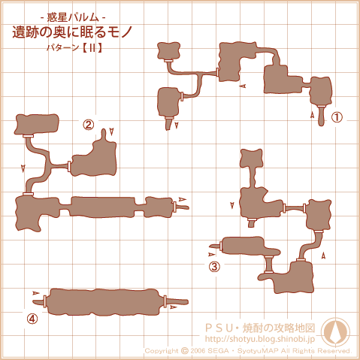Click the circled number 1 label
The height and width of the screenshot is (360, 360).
[x=337, y=117]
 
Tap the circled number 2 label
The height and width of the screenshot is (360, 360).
[x=89, y=125]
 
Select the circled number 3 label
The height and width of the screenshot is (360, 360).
[x=214, y=267]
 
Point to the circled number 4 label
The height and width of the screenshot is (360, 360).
[x=32, y=319]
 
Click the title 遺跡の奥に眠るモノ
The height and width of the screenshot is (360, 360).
[x=72, y=32]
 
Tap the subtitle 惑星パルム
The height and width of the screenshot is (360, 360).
[x=73, y=17]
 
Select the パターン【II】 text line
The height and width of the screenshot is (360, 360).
[x=74, y=47]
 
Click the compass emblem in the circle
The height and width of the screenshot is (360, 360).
[x=336, y=331]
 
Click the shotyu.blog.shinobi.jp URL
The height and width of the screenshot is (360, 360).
[x=260, y=339]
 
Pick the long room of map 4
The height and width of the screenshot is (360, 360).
[x=103, y=301]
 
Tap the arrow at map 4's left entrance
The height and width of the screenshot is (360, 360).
[x=36, y=293]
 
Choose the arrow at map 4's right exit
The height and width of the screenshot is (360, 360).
[x=174, y=307]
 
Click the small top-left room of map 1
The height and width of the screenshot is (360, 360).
[x=169, y=51]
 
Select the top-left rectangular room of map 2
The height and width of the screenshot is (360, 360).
[x=37, y=125]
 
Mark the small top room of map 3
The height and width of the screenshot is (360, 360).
[x=251, y=158]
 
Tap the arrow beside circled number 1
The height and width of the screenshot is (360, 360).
[x=312, y=115]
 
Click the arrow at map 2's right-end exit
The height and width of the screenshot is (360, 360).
[x=183, y=199]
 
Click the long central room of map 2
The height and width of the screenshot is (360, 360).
[x=103, y=207]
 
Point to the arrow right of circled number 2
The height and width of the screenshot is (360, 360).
[x=111, y=132]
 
